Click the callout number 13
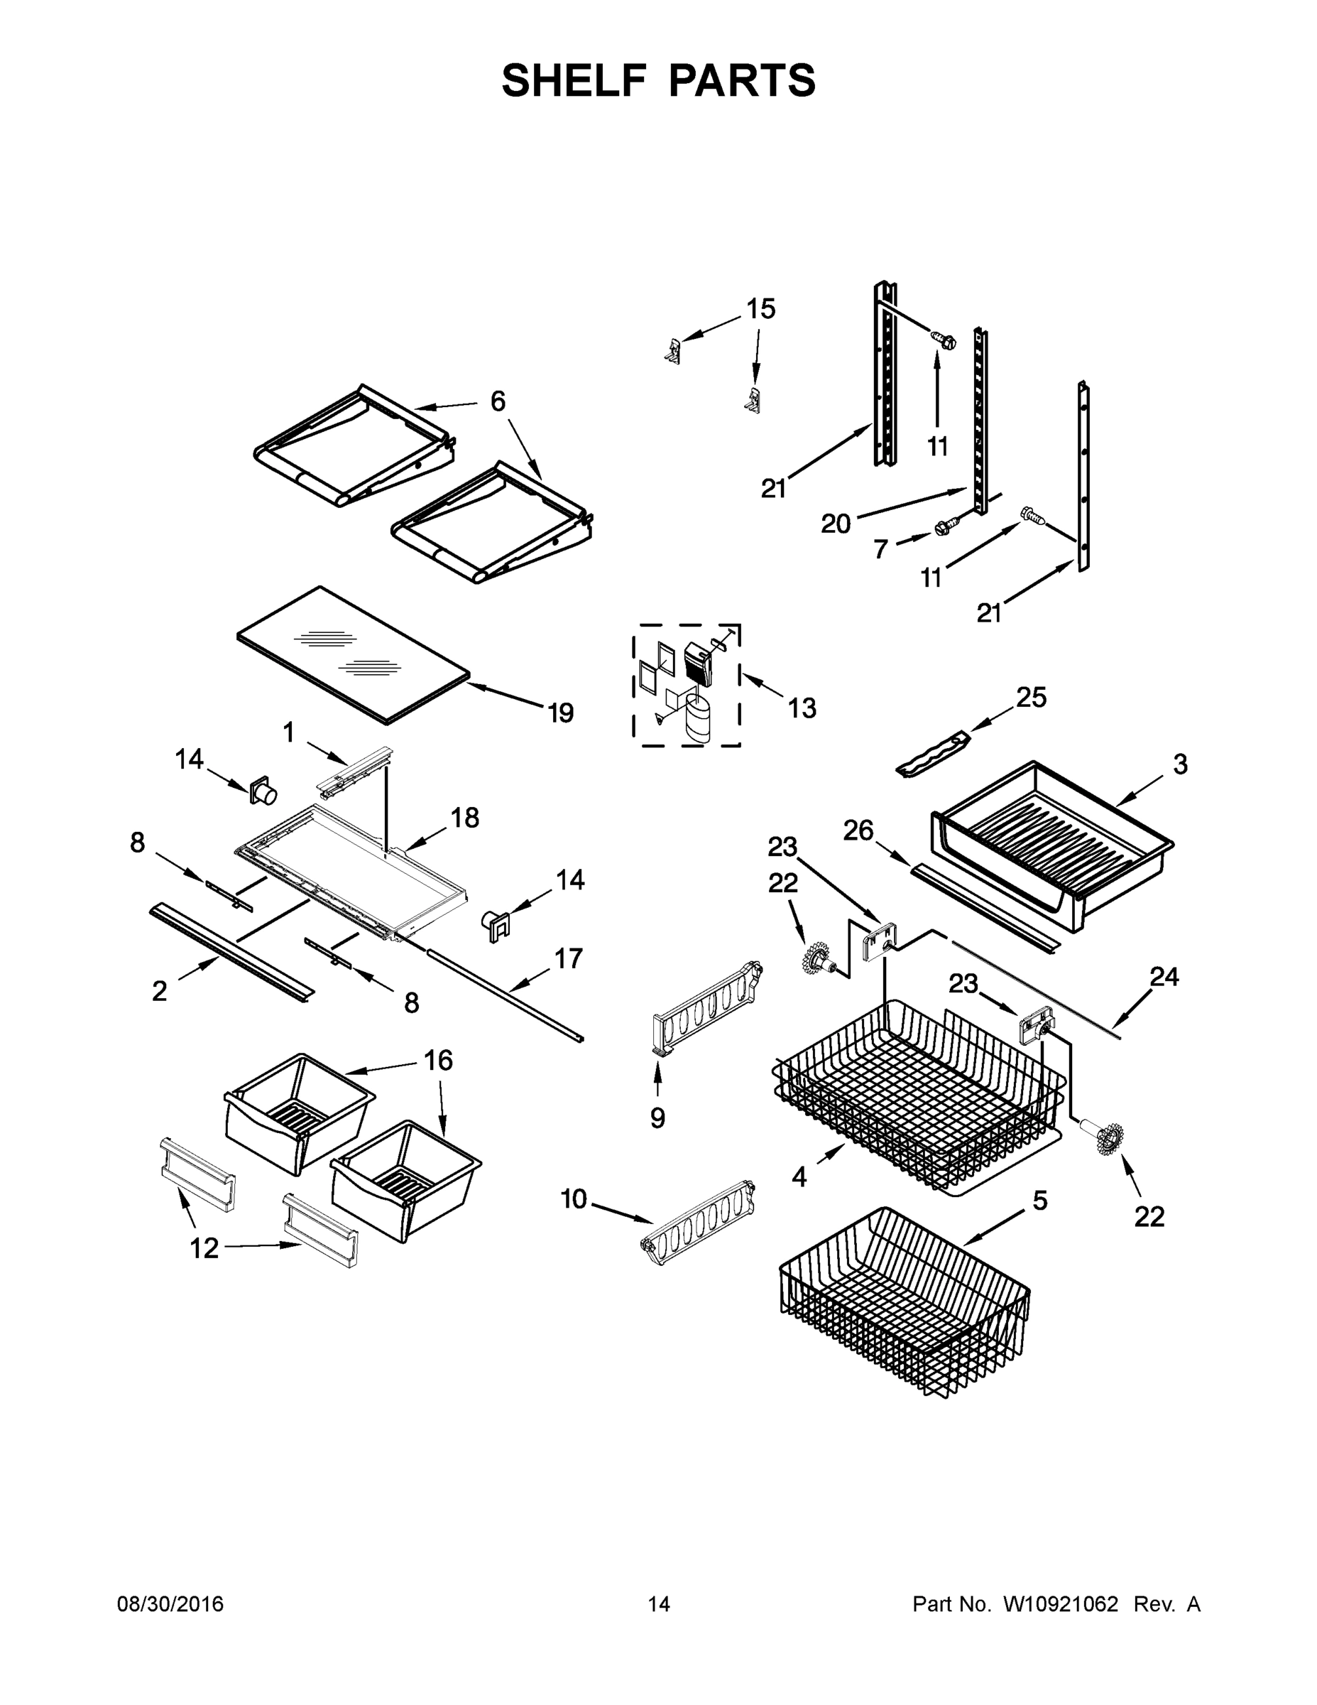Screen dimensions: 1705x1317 pyautogui.click(x=802, y=708)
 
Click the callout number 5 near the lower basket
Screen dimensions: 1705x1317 pyautogui.click(x=1040, y=1201)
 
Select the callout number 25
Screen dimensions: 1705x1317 pyautogui.click(x=1031, y=697)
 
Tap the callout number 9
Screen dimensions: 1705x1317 pyautogui.click(x=657, y=1118)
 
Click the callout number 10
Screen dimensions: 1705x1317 pyautogui.click(x=574, y=1198)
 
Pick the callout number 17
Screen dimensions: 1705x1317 pyautogui.click(x=568, y=958)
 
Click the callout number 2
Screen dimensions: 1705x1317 pyautogui.click(x=159, y=991)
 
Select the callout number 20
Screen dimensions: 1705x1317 pyautogui.click(x=835, y=523)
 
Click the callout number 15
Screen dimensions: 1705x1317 pyautogui.click(x=760, y=309)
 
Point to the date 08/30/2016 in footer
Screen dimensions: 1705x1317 pyautogui.click(x=170, y=1604)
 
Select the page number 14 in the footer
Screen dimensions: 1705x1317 pyautogui.click(x=659, y=1604)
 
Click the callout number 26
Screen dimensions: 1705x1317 pyautogui.click(x=858, y=830)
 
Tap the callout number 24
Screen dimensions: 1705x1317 pyautogui.click(x=1164, y=976)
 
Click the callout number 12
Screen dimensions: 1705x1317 pyautogui.click(x=204, y=1248)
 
